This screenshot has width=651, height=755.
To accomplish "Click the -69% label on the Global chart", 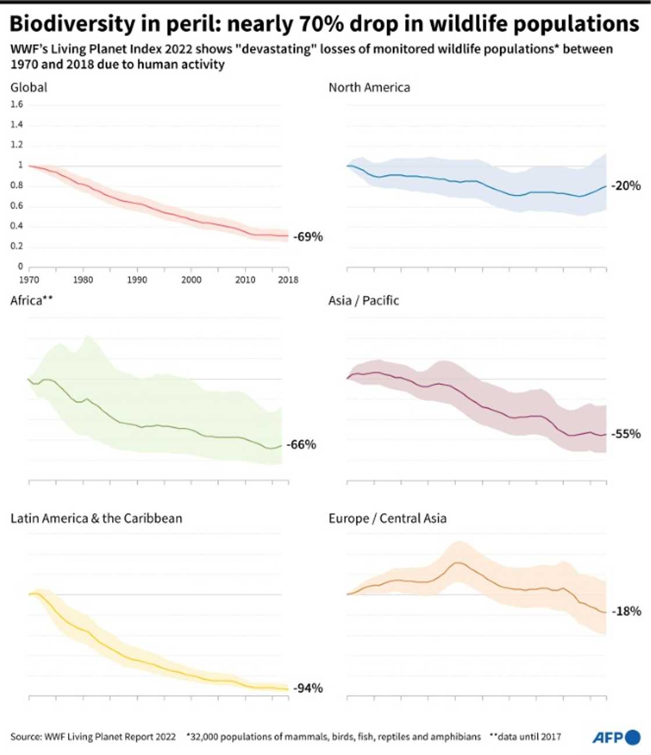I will tap(307, 237).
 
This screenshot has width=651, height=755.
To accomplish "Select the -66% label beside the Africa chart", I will tap(303, 445).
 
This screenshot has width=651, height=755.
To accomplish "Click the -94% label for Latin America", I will tap(307, 688).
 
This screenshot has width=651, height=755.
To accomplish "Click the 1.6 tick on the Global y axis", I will tap(17, 105).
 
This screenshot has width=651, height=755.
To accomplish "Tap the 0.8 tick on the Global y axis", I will tap(17, 185).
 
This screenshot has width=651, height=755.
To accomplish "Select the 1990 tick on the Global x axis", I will tap(137, 280).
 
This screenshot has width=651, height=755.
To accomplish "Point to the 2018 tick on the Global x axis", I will tap(288, 280).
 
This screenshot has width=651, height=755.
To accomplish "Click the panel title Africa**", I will tap(31, 300).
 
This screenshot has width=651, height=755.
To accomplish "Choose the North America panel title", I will tap(369, 87).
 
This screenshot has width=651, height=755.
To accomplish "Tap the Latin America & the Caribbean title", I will tap(96, 518).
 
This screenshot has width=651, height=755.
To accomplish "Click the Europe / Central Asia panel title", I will tap(387, 518).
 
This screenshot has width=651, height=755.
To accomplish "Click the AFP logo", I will tap(616, 738).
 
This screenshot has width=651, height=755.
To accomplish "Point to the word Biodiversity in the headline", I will tap(72, 24).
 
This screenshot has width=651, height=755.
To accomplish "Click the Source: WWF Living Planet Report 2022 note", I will tap(93, 737).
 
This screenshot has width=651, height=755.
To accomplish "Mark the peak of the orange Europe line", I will tap(458, 562).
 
